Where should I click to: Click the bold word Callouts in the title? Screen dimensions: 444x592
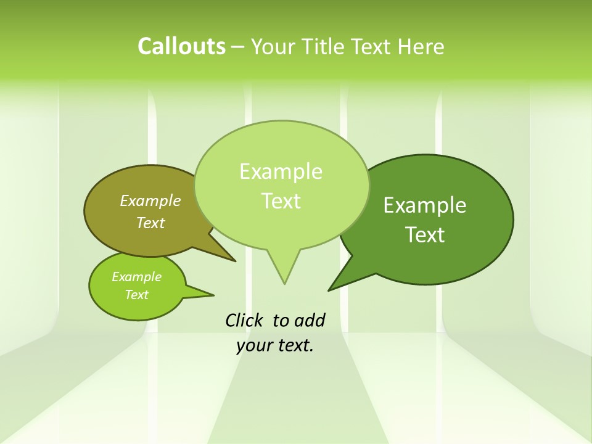pos(181,46)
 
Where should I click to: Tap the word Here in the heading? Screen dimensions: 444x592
pos(423,47)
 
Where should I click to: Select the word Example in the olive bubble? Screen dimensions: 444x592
pos(150,200)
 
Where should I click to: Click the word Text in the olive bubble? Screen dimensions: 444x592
pos(150,223)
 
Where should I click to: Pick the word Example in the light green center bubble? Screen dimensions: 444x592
pos(281,171)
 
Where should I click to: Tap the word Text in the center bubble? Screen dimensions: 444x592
pos(281,201)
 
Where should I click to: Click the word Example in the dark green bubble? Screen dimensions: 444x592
pos(425,205)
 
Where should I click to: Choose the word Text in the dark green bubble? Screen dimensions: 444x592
pos(425,235)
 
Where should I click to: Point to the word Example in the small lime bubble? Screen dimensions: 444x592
pos(136,277)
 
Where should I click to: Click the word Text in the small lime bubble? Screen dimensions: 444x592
pos(136,295)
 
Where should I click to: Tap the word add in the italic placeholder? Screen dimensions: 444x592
pos(309,320)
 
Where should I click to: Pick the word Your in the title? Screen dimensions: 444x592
pos(273,47)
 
